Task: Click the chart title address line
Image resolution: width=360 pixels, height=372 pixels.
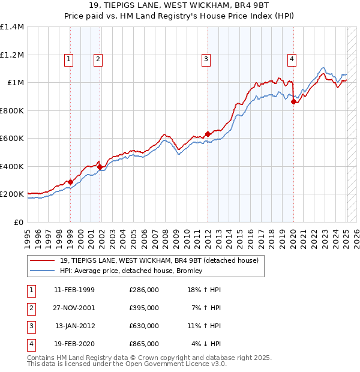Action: tap(180, 6)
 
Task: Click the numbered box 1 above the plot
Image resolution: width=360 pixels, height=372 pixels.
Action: tap(70, 59)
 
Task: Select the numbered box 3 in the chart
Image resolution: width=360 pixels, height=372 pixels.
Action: tap(206, 59)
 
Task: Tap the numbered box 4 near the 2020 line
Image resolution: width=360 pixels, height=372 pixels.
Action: tap(292, 59)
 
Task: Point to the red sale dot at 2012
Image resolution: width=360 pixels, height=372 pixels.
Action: tap(208, 134)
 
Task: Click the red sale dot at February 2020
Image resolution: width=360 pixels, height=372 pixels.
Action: tap(293, 101)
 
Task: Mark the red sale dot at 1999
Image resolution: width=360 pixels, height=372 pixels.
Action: tap(70, 182)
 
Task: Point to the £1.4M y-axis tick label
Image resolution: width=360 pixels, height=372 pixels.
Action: tap(12, 27)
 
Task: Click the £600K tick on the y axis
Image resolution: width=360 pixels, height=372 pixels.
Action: tap(12, 139)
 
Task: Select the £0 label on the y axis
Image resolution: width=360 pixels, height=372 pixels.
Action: tap(19, 222)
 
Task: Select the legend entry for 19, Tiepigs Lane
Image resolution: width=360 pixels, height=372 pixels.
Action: tap(159, 260)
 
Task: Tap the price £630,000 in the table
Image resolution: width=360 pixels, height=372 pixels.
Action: tap(144, 326)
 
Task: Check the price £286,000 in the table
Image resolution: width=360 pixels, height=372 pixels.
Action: tap(144, 290)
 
